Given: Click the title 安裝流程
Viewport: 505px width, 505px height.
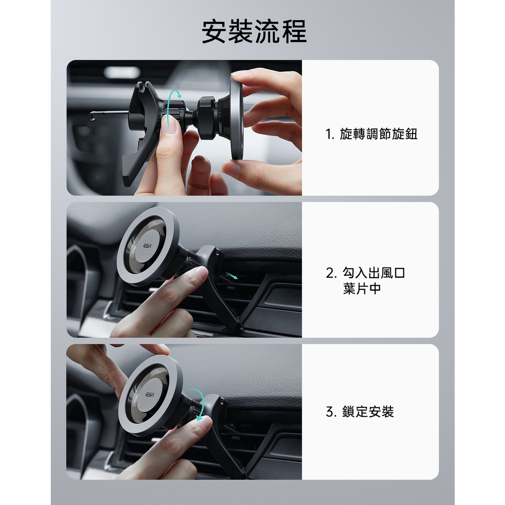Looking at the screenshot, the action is tap(254, 32).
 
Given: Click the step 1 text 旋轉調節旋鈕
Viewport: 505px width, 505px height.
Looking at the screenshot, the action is tap(378, 134).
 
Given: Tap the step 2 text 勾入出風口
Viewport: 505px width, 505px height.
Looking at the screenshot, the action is tap(374, 273).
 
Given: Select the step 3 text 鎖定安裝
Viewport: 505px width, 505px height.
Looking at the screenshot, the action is tap(368, 412).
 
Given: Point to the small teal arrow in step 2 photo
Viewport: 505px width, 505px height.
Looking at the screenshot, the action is tap(231, 275).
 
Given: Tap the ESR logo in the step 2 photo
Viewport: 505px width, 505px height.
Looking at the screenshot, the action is tap(147, 246).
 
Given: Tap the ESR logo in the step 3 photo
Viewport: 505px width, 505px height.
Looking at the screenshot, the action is tap(150, 395).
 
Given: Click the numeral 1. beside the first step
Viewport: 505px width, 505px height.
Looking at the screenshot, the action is tap(329, 134).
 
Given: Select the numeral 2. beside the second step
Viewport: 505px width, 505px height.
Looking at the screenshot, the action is tap(331, 273).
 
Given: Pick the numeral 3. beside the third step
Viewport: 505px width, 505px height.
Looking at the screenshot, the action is tap(331, 412).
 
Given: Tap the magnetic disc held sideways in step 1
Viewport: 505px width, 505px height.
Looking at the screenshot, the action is tap(237, 118).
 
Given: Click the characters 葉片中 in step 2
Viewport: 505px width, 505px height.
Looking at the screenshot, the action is tap(361, 288).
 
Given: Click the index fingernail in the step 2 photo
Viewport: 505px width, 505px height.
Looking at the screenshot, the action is tap(201, 273).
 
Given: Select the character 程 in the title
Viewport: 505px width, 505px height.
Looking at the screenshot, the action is tap(294, 32).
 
